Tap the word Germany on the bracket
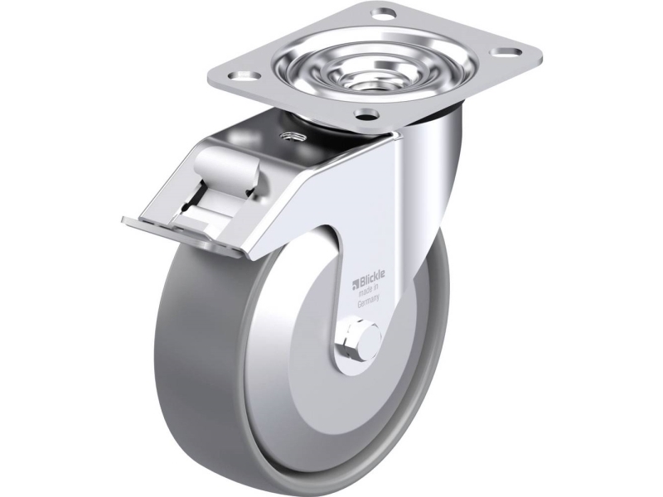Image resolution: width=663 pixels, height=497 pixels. [x=368, y=304]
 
